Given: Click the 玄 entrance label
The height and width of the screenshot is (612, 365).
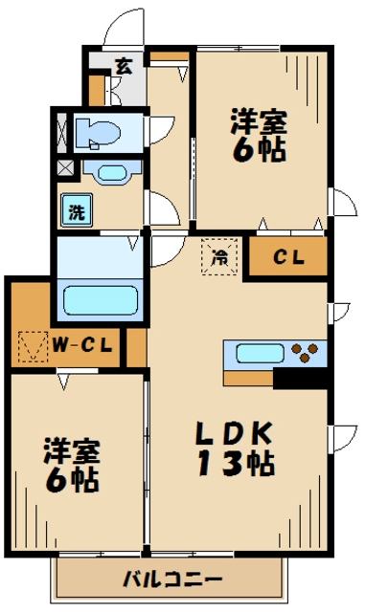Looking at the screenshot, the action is point(124,66).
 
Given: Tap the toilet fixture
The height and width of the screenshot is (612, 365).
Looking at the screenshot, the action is point(98,133).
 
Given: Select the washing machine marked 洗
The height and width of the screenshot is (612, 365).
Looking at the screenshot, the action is point(77,210).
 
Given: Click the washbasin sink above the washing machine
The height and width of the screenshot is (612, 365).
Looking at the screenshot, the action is point(112,172).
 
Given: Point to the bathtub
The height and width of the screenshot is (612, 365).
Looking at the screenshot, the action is point(101,299).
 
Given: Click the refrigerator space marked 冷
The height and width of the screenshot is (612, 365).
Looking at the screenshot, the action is point(219,257).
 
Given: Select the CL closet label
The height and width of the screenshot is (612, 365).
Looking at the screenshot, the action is point(288,256).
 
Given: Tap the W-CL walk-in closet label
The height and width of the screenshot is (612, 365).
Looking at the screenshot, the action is point(83,344).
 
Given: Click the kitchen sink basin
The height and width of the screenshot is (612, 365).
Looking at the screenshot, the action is point(260,353).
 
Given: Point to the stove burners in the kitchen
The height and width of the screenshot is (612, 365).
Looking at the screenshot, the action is point(306,353).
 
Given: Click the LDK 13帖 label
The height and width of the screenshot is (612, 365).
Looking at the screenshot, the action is point(235,448).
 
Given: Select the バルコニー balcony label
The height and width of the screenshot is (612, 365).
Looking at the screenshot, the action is point(172,579).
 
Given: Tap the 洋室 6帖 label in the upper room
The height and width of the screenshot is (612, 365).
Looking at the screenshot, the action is point(259,136).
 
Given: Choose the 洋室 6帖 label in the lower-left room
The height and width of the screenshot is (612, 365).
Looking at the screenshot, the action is point(72,465).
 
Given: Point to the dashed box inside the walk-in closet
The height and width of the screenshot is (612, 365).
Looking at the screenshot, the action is point(34,346).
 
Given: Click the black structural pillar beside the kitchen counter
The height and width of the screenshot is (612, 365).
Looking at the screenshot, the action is point(301,379).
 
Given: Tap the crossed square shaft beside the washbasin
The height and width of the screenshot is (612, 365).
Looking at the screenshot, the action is point(65,168).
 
